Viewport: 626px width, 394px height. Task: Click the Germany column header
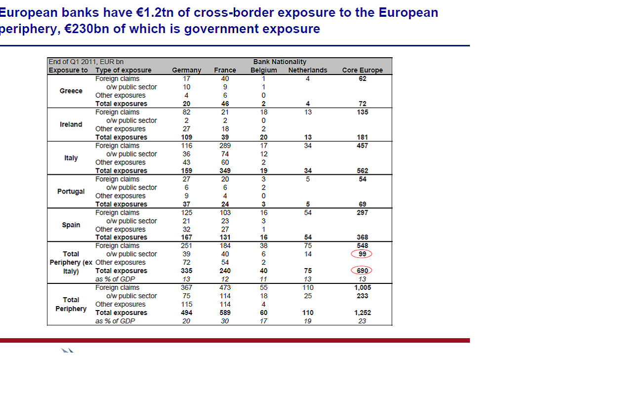point(186,70)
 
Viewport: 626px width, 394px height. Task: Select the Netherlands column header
point(307,70)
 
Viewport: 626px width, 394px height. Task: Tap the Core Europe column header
point(362,70)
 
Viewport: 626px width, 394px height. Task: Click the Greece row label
point(71,91)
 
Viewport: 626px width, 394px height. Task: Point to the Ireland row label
point(71,124)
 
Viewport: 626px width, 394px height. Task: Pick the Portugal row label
point(71,192)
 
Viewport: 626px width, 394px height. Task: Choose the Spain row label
point(71,225)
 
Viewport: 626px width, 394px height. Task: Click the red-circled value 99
point(362,254)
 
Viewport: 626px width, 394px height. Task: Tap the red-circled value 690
point(362,271)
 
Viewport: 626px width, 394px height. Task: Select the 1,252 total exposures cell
point(362,313)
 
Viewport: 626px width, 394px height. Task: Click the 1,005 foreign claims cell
point(362,287)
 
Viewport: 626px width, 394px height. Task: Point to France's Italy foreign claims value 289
point(225,146)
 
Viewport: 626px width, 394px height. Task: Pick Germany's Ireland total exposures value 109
point(186,137)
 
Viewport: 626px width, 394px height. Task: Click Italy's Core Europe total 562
point(362,171)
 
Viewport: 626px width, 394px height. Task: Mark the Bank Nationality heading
point(280,62)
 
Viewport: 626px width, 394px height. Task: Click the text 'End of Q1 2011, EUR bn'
point(86,62)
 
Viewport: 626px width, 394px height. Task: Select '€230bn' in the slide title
point(86,29)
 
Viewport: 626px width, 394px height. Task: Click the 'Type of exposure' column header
point(123,70)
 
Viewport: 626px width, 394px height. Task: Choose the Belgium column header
point(263,70)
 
